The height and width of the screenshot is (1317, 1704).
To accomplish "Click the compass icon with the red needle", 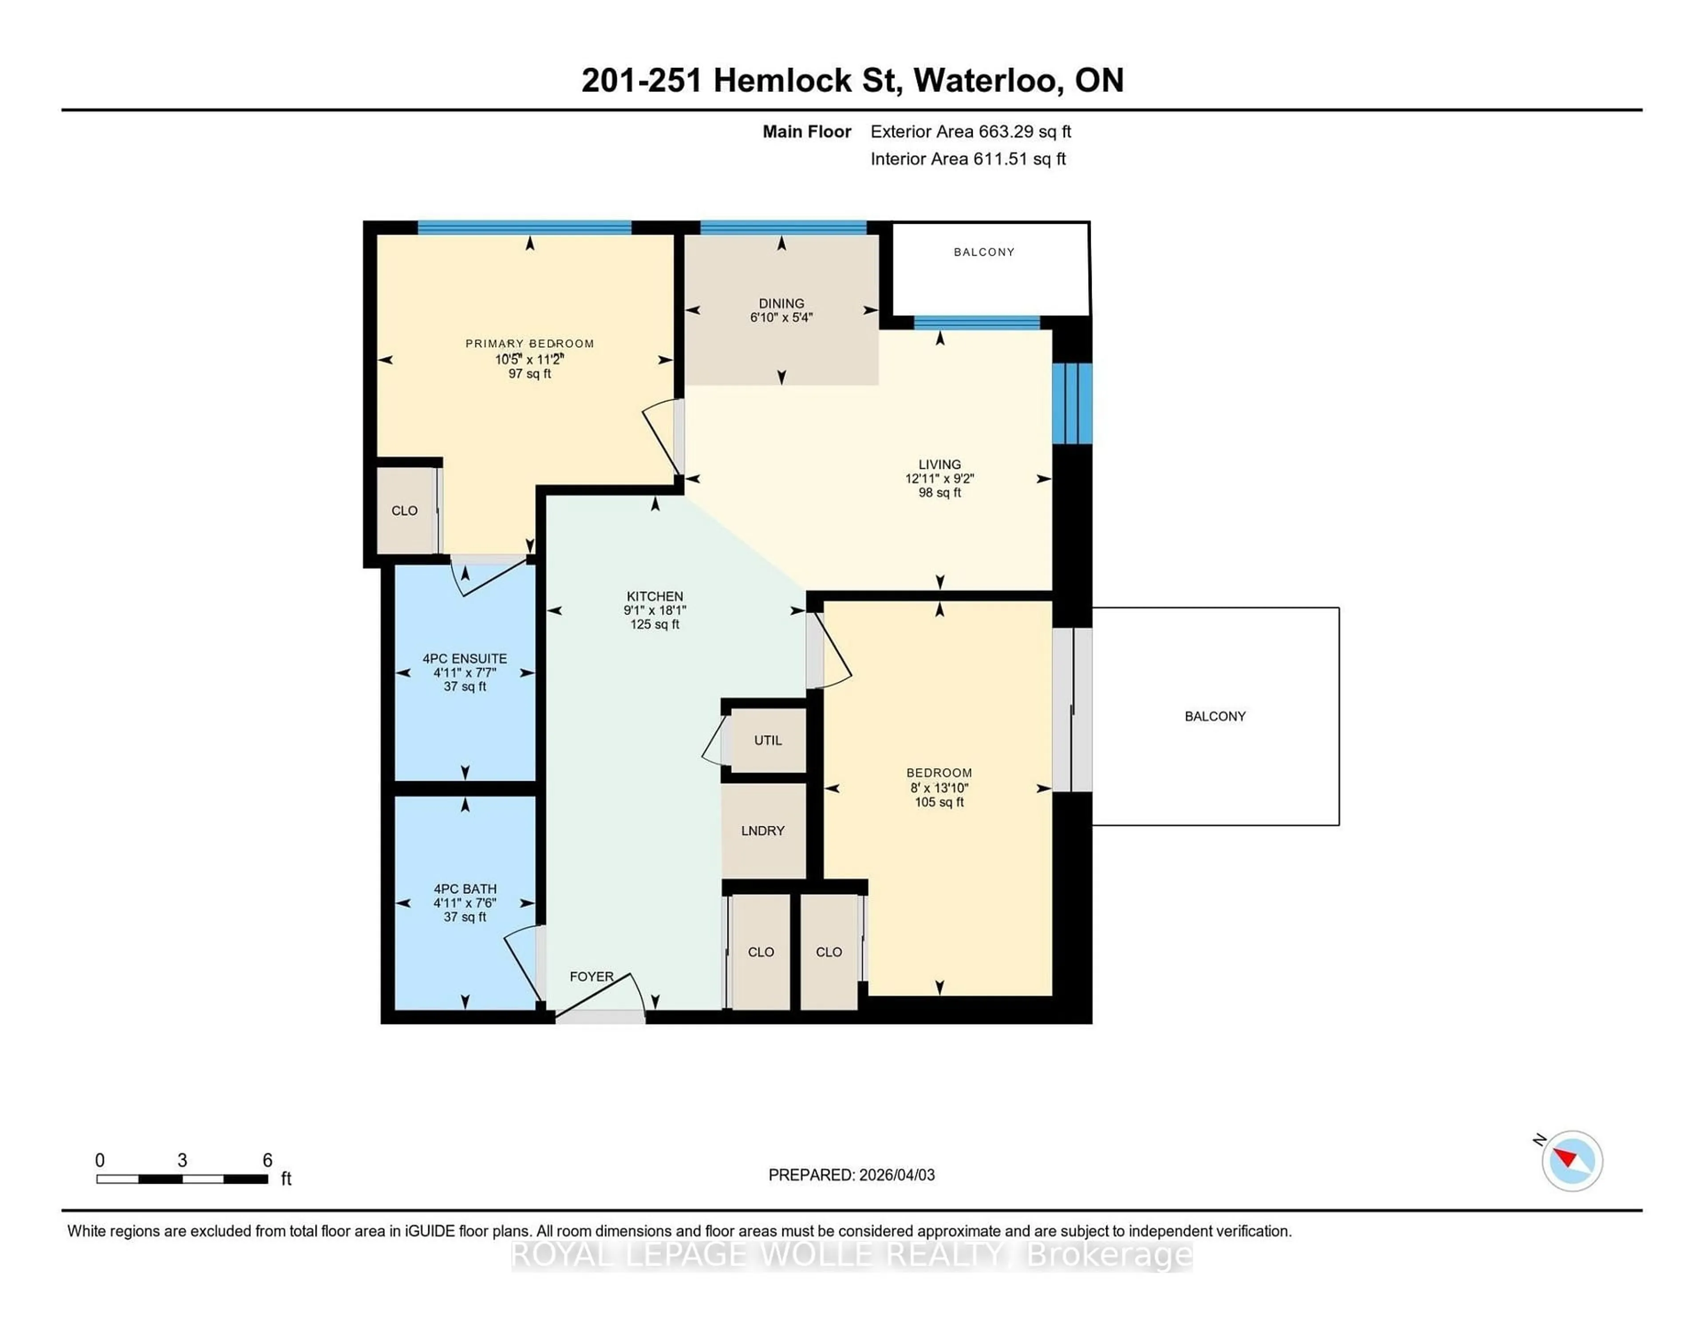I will click(x=1571, y=1161).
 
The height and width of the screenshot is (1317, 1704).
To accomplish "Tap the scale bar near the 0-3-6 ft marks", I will click(x=182, y=1179).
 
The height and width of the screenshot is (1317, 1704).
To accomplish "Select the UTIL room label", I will click(x=768, y=740).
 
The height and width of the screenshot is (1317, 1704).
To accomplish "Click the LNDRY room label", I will click(x=762, y=831).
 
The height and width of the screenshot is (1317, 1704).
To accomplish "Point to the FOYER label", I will click(x=592, y=976).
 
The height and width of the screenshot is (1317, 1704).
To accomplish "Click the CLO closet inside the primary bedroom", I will click(x=404, y=511).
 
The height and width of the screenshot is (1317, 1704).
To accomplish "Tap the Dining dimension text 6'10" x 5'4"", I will click(x=781, y=318).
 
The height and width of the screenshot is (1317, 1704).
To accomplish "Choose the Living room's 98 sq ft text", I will click(x=939, y=492).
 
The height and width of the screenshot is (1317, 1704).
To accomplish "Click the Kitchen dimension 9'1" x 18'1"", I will click(x=655, y=611).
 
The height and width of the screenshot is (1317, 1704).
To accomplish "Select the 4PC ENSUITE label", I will click(x=465, y=658).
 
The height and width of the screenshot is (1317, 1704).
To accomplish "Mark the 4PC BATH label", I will click(x=465, y=889).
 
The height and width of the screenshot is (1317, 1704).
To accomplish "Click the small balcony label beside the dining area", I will click(x=984, y=252).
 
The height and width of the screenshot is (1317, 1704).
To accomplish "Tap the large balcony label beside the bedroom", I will click(x=1215, y=716).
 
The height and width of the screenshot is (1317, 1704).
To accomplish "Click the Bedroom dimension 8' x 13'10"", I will click(x=939, y=788).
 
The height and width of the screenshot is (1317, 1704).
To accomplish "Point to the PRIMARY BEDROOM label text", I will click(x=530, y=344).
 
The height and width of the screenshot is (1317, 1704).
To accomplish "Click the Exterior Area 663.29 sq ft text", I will click(x=970, y=132).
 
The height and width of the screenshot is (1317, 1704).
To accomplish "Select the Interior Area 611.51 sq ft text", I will click(x=967, y=159).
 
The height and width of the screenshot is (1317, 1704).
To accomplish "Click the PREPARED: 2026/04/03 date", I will click(x=851, y=1175).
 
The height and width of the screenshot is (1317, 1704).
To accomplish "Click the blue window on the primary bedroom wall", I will click(x=525, y=228).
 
